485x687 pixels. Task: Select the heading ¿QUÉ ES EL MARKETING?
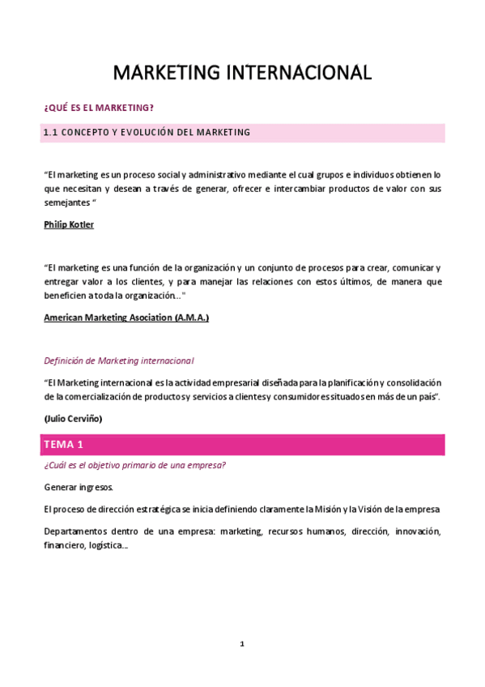pyautogui.click(x=98, y=108)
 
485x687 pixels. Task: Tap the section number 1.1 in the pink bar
pyautogui.click(x=51, y=132)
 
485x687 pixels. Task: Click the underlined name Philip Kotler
pyautogui.click(x=69, y=224)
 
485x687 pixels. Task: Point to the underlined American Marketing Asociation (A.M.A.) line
pyautogui.click(x=126, y=318)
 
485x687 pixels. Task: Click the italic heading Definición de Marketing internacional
pyautogui.click(x=118, y=360)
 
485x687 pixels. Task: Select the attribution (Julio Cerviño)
pyautogui.click(x=73, y=418)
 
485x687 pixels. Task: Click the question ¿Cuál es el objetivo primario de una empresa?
pyautogui.click(x=134, y=465)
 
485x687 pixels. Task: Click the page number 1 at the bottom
pyautogui.click(x=241, y=643)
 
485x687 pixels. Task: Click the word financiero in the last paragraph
pyautogui.click(x=63, y=545)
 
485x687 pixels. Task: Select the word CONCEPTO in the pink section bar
pyautogui.click(x=83, y=132)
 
